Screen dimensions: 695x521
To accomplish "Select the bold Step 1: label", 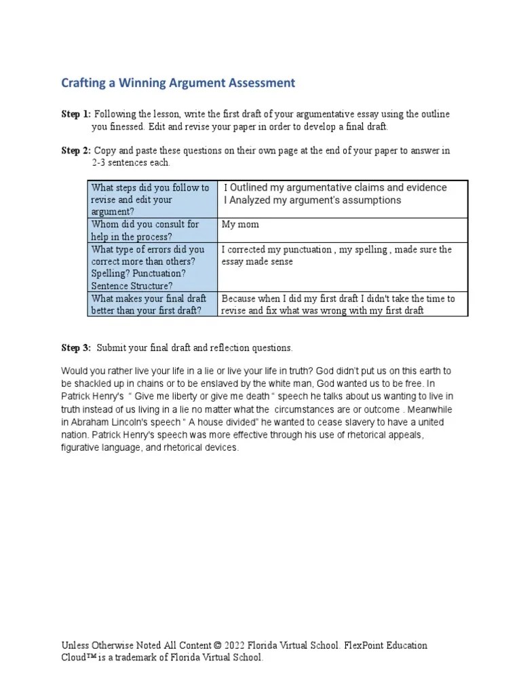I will (x=76, y=114).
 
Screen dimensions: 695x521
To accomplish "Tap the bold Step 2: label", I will (x=76, y=151).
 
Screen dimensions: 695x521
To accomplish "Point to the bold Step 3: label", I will (x=76, y=347).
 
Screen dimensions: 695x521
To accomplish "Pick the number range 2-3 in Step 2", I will (x=102, y=164).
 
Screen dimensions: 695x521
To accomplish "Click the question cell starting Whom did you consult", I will (x=151, y=230).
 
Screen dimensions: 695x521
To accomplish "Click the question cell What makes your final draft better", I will (x=151, y=304).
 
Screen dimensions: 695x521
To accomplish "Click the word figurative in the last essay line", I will (x=84, y=449).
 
